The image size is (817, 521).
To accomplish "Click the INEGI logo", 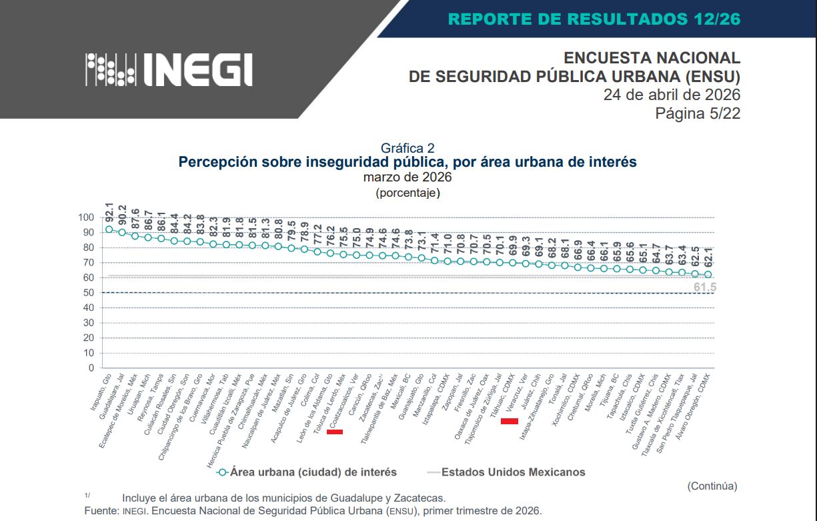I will (x=169, y=69).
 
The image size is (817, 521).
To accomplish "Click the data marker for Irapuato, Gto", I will (x=109, y=229).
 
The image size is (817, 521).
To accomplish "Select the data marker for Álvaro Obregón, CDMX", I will (x=708, y=274).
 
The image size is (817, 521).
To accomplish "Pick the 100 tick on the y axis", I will (x=87, y=217).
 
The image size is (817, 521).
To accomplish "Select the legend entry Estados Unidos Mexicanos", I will (x=513, y=472).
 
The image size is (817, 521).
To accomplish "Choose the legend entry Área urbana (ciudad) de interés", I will (x=313, y=472).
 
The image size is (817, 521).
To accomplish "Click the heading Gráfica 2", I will (x=407, y=148).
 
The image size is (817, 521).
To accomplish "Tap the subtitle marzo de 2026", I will (x=407, y=177).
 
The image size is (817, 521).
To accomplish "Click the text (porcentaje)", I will (x=407, y=193).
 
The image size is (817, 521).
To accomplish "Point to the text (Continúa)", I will (x=712, y=486).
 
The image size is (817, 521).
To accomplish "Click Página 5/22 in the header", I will (x=698, y=113).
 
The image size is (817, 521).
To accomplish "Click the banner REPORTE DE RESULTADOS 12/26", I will (x=594, y=19).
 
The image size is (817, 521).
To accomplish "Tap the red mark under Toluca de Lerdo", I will (x=335, y=432).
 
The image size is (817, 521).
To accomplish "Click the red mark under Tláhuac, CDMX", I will (x=510, y=421).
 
